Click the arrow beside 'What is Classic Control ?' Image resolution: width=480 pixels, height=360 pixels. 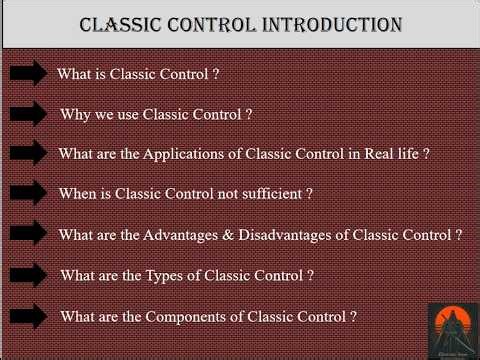(29, 72)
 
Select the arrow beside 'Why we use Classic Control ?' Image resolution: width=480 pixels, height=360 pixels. (29, 113)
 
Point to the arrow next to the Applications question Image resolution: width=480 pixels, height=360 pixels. (29, 153)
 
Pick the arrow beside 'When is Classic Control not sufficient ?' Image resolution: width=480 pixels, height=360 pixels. (29, 193)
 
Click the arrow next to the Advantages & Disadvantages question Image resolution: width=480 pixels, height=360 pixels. (29, 234)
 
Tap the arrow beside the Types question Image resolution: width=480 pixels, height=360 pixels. (29, 274)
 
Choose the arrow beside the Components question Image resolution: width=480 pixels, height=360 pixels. (29, 315)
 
